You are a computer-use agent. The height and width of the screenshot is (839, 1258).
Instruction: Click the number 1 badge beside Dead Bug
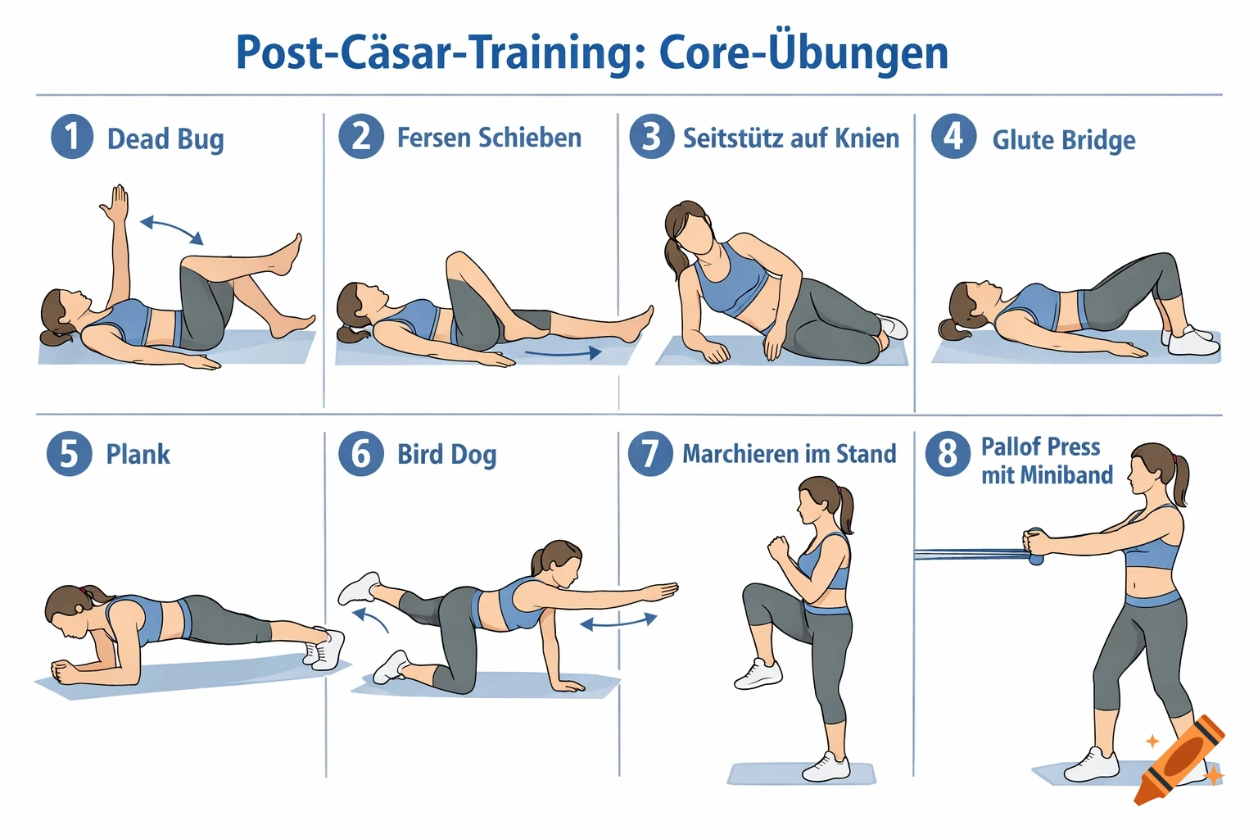click(x=72, y=137)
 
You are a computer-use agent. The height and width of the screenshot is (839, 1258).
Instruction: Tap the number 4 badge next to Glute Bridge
click(x=953, y=136)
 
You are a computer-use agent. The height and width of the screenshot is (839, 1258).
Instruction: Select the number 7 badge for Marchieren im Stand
click(x=650, y=453)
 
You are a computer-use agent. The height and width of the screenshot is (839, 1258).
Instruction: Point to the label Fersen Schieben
click(x=489, y=138)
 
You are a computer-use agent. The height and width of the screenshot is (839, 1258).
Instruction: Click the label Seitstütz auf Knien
click(x=790, y=138)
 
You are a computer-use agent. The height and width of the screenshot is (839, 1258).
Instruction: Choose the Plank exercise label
click(x=138, y=454)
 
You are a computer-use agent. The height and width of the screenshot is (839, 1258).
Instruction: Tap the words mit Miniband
click(x=1047, y=475)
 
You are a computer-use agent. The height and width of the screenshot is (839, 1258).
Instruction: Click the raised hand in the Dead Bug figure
click(x=117, y=203)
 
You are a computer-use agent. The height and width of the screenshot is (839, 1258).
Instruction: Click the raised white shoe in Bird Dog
click(x=359, y=587)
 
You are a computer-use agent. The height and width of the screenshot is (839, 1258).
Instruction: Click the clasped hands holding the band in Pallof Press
click(x=1034, y=544)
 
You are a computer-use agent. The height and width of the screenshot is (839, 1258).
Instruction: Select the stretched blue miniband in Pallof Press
click(x=966, y=555)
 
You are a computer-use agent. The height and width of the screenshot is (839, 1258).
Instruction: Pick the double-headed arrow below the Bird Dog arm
click(x=618, y=622)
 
